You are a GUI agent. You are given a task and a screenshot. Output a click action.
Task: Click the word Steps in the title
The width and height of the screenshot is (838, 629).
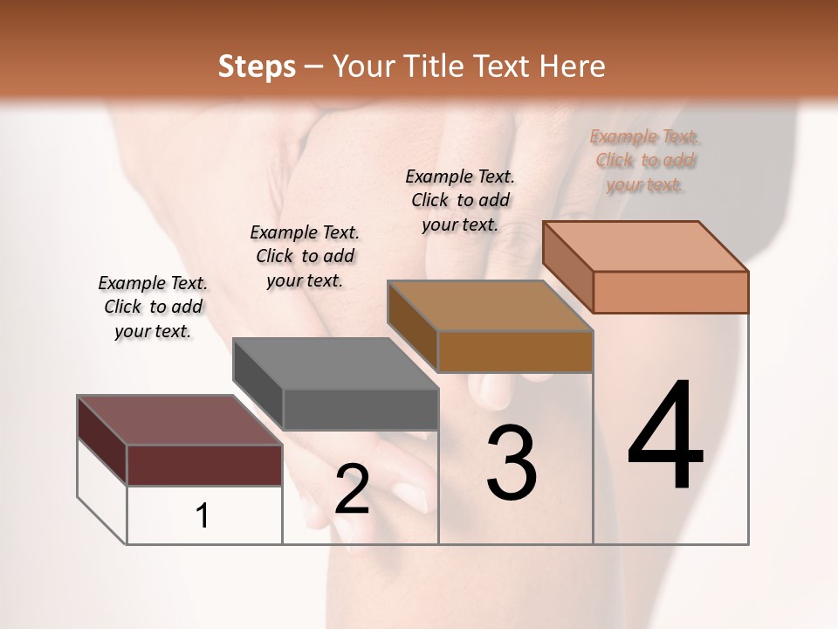click(x=257, y=66)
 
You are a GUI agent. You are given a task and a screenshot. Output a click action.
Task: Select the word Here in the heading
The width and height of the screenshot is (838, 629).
click(x=573, y=66)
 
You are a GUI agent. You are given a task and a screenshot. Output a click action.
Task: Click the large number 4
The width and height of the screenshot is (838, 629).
click(x=665, y=437)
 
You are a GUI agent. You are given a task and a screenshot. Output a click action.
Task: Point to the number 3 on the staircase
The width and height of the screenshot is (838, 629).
click(x=512, y=463)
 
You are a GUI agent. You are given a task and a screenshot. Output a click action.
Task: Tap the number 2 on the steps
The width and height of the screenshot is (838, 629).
click(x=352, y=489)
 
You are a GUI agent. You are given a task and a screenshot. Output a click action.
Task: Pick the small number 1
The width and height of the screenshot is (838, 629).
click(x=203, y=515)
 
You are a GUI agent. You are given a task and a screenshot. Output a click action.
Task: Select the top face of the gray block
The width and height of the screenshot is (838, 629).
click(x=334, y=363)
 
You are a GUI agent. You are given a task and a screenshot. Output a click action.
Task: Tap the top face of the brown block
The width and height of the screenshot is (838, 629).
click(x=490, y=306)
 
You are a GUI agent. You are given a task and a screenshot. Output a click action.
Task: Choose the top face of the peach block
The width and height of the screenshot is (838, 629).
click(x=645, y=246)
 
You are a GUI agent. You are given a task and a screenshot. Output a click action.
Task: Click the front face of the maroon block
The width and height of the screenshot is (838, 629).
click(x=204, y=465)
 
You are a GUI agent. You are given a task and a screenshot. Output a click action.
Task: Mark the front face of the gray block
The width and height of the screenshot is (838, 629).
click(x=360, y=409)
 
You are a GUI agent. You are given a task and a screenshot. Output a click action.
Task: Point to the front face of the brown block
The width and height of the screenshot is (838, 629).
click(x=515, y=351)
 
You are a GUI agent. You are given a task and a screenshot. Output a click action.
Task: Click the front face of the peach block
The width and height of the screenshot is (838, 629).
click(x=670, y=292)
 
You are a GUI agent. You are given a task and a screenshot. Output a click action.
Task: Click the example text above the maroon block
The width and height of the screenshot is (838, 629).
click(x=153, y=307)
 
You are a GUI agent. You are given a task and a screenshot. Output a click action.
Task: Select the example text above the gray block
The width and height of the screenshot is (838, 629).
click(x=305, y=256)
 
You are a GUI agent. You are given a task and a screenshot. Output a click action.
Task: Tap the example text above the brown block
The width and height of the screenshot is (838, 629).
click(x=460, y=200)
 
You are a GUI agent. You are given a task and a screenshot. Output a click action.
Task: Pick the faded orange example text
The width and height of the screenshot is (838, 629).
click(x=645, y=160)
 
